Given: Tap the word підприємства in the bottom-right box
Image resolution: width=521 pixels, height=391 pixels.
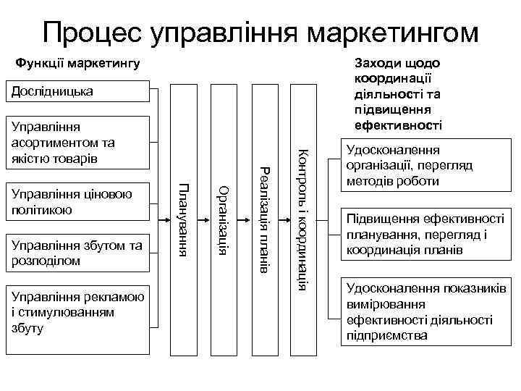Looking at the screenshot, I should point(387,335).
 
